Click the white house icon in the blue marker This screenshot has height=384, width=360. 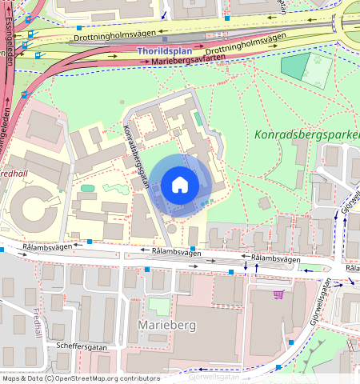coord(180,185)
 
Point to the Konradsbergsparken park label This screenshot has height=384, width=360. coord(307,134)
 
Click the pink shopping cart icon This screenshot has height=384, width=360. coord(278,294)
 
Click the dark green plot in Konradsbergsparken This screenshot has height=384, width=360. coord(294,67)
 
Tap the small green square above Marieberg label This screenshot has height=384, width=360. coord(159,306)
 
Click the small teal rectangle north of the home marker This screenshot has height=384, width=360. coord(197,118)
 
